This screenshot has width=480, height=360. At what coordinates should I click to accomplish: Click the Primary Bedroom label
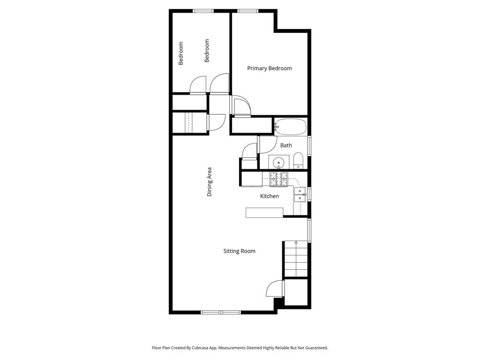click(270, 68)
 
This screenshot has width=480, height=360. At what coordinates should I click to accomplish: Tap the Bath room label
click(286, 145)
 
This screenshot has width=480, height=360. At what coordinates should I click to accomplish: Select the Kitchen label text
click(270, 196)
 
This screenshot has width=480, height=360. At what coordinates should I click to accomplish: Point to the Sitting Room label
click(239, 251)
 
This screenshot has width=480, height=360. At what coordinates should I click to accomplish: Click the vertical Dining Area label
click(210, 181)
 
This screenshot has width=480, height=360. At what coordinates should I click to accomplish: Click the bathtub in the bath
click(290, 127)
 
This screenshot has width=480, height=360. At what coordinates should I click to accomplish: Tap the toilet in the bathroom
click(298, 161)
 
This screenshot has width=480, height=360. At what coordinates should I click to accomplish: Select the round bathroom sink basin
click(278, 162)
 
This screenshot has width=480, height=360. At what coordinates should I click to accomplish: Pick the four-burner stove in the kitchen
click(278, 179)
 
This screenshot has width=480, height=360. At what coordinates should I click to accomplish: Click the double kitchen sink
click(300, 195)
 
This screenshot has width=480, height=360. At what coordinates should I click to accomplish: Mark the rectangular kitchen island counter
click(264, 213)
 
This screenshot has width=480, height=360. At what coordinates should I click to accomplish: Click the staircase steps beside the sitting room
click(296, 259)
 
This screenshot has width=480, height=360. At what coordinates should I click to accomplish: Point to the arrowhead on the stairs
click(296, 243)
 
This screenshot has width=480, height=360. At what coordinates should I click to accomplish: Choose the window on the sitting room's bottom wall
click(221, 312)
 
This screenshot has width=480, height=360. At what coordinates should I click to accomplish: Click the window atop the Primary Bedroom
click(248, 11)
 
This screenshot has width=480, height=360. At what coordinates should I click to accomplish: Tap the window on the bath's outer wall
click(309, 146)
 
